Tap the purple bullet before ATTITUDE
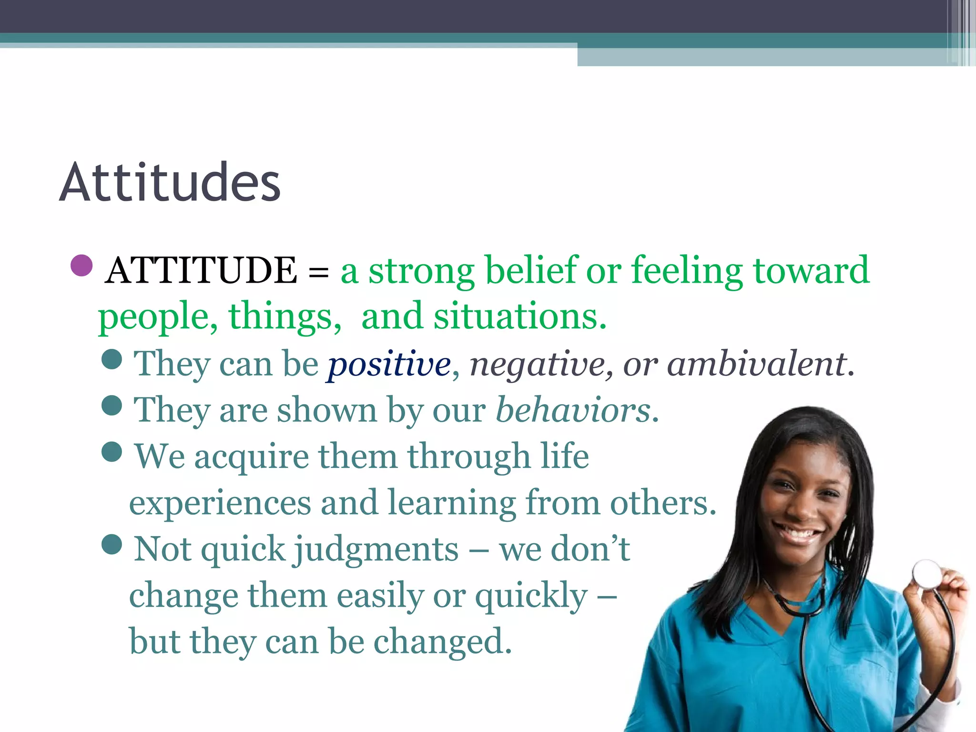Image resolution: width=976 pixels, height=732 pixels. (x=81, y=265)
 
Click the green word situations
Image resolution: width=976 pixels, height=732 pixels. (x=520, y=316)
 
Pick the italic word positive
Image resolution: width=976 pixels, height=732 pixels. (x=389, y=364)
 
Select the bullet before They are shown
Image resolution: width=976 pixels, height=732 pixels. (x=112, y=406)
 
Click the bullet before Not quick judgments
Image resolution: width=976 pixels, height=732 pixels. (x=112, y=544)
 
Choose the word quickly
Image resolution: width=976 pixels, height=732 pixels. (x=531, y=596)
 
